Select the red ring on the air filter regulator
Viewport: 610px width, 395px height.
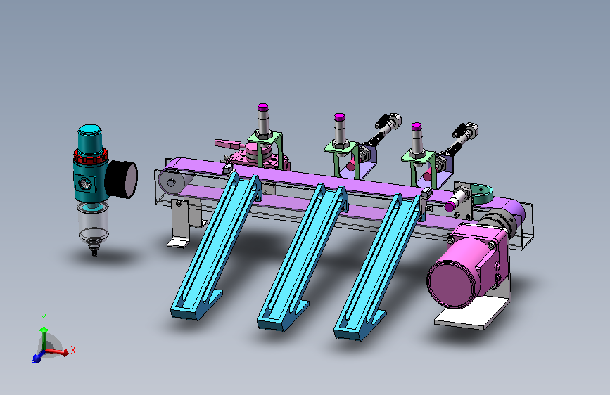(90, 156)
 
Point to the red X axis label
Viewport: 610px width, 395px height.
(72, 350)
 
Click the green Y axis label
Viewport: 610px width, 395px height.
(44, 318)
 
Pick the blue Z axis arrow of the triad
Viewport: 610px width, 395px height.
(38, 356)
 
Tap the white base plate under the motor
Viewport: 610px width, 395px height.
(471, 313)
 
